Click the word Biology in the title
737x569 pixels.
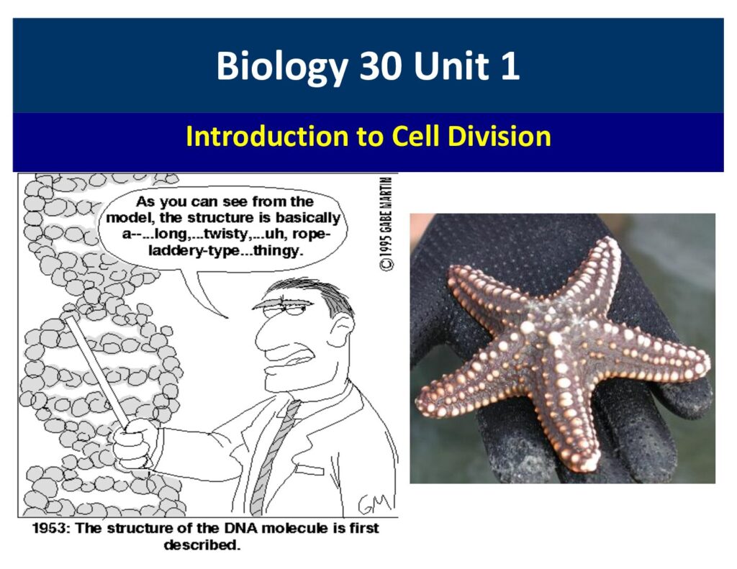pyautogui.click(x=281, y=67)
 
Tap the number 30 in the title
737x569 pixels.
pyautogui.click(x=380, y=65)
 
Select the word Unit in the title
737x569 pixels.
pyautogui.click(x=451, y=65)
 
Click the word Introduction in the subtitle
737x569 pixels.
pyautogui.click(x=267, y=136)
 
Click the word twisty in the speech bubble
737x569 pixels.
pyautogui.click(x=227, y=234)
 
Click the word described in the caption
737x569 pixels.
pyautogui.click(x=202, y=545)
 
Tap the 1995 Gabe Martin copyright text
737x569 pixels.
pyautogui.click(x=386, y=224)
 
